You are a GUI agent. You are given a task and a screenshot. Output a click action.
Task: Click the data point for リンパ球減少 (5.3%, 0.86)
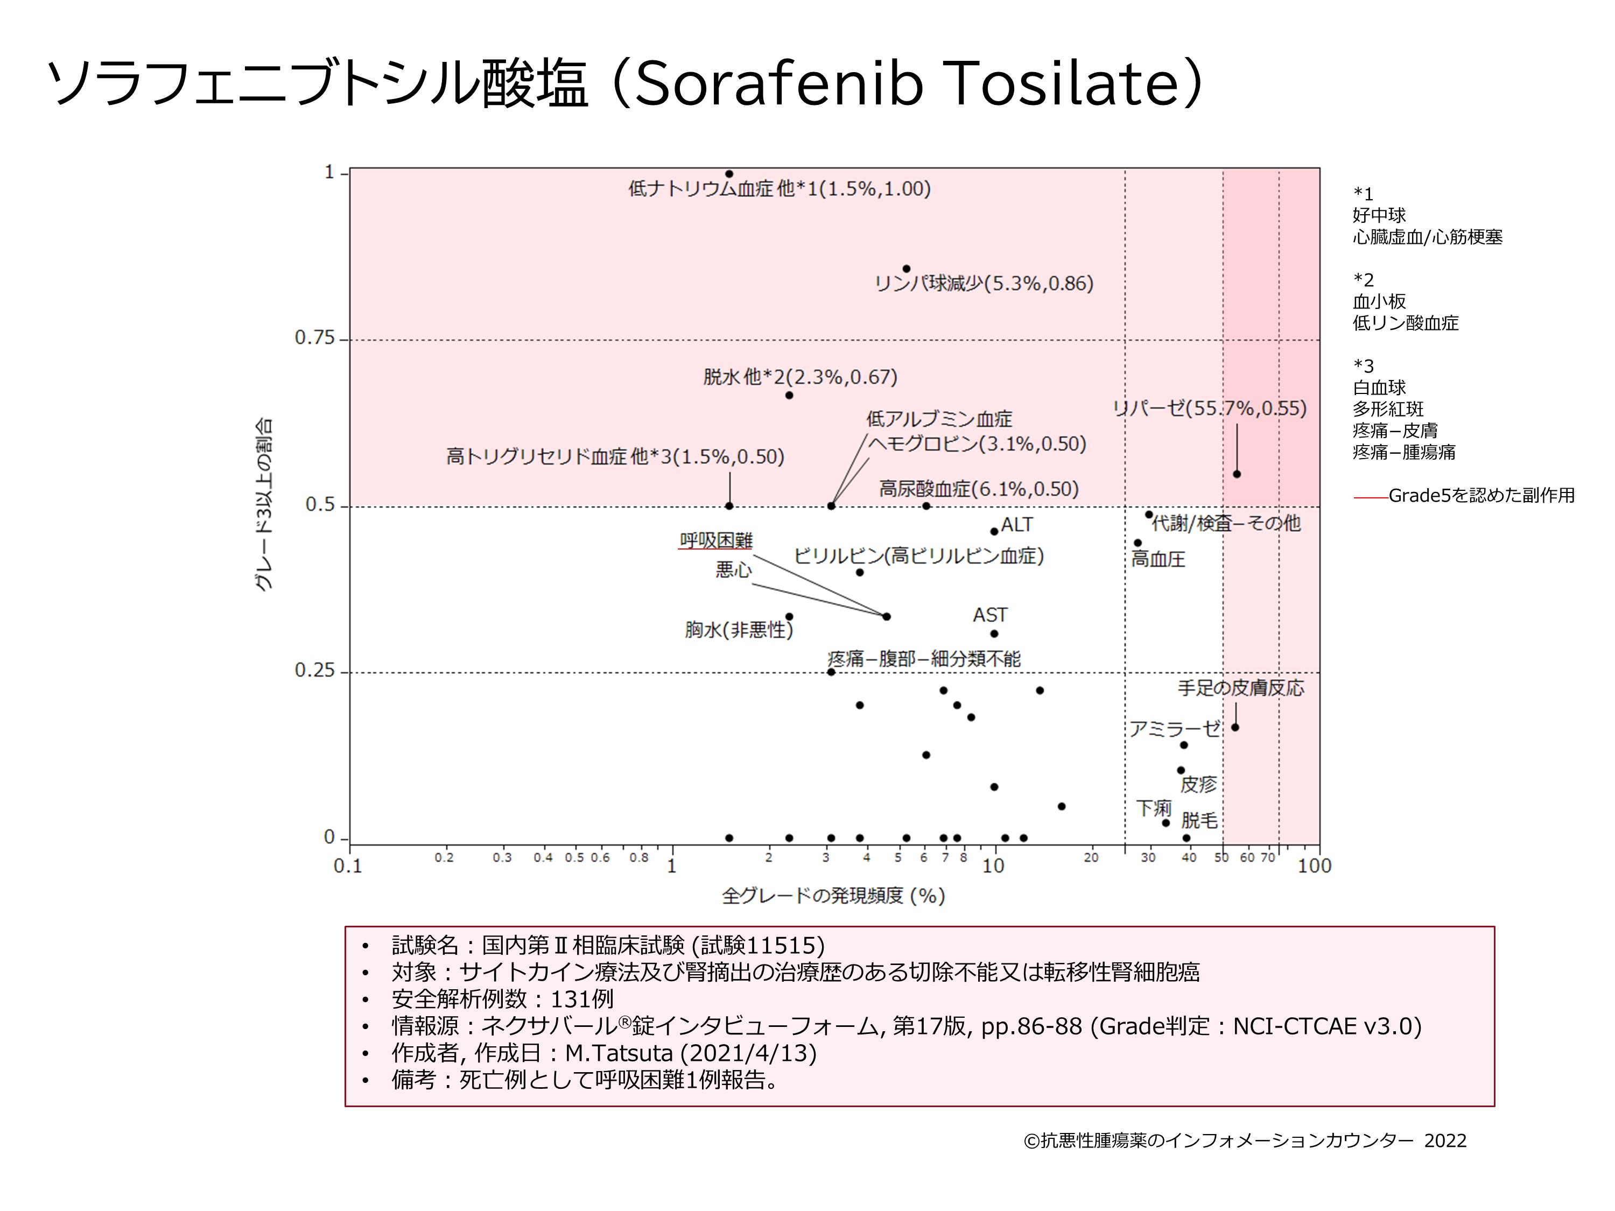pyautogui.click(x=906, y=269)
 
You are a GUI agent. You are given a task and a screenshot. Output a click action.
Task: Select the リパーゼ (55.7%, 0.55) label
pyautogui.click(x=1209, y=408)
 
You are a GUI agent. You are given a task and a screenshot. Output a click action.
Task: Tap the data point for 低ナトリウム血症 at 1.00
pyautogui.click(x=729, y=174)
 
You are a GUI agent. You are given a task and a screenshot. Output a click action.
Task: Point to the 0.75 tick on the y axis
pyautogui.click(x=315, y=338)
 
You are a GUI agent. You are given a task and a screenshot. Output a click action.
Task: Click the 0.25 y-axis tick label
pyautogui.click(x=315, y=671)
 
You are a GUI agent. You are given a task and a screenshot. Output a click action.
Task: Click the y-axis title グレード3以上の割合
pyautogui.click(x=264, y=504)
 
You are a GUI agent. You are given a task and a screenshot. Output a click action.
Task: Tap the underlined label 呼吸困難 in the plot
pyautogui.click(x=715, y=540)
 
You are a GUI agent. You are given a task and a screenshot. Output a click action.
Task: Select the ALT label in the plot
pyautogui.click(x=1016, y=525)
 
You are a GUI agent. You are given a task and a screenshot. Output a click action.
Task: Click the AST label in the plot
pyautogui.click(x=989, y=615)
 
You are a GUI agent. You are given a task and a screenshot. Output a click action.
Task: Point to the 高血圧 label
pyautogui.click(x=1158, y=560)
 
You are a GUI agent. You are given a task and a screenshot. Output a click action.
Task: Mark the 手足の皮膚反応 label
pyautogui.click(x=1240, y=688)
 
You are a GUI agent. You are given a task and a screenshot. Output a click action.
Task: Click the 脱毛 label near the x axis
pyautogui.click(x=1199, y=820)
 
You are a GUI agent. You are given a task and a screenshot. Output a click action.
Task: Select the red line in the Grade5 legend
pyautogui.click(x=1371, y=498)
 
